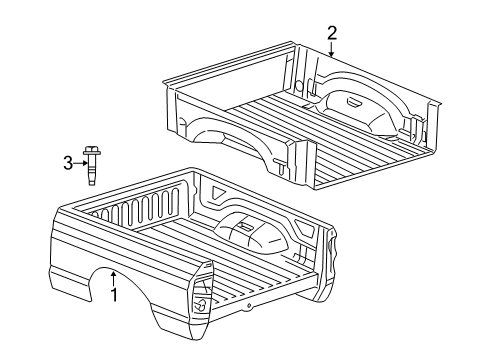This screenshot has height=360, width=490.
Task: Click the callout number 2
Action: [x=332, y=34]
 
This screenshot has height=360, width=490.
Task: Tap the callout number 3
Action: [x=68, y=163]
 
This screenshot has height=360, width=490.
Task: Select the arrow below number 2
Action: [x=332, y=50]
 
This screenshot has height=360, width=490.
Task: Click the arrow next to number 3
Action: [x=79, y=163]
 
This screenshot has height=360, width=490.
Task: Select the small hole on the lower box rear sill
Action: [x=247, y=304]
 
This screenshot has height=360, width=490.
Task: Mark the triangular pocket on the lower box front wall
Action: [x=214, y=188]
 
